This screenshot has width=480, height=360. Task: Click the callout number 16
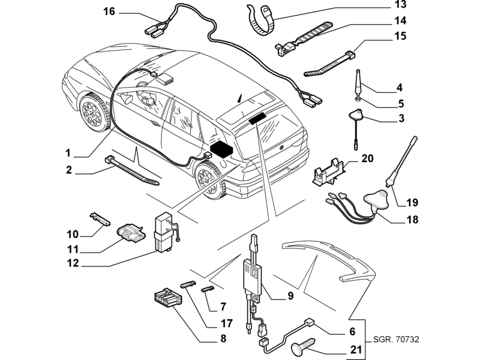point(109,11)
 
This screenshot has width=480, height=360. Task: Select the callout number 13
point(400,5)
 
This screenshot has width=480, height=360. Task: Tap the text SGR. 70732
point(396,339)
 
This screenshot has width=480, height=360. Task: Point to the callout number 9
point(290,296)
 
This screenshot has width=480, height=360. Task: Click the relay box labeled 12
point(164,232)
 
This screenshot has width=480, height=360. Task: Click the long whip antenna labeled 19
point(401,161)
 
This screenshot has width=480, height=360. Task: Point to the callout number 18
point(412,220)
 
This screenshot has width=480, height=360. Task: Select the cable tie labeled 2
point(132,171)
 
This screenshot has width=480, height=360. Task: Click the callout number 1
point(68,153)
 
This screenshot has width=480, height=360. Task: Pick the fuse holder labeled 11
point(131,235)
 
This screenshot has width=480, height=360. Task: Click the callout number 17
point(227,323)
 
